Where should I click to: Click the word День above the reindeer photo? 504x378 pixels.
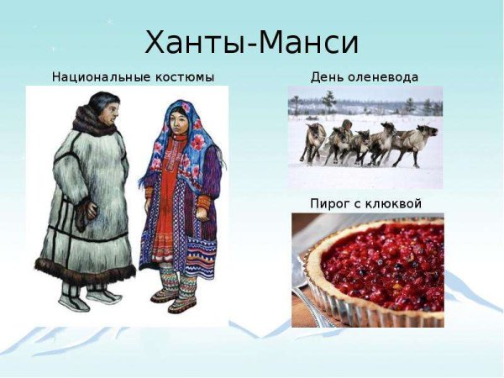(323, 77)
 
